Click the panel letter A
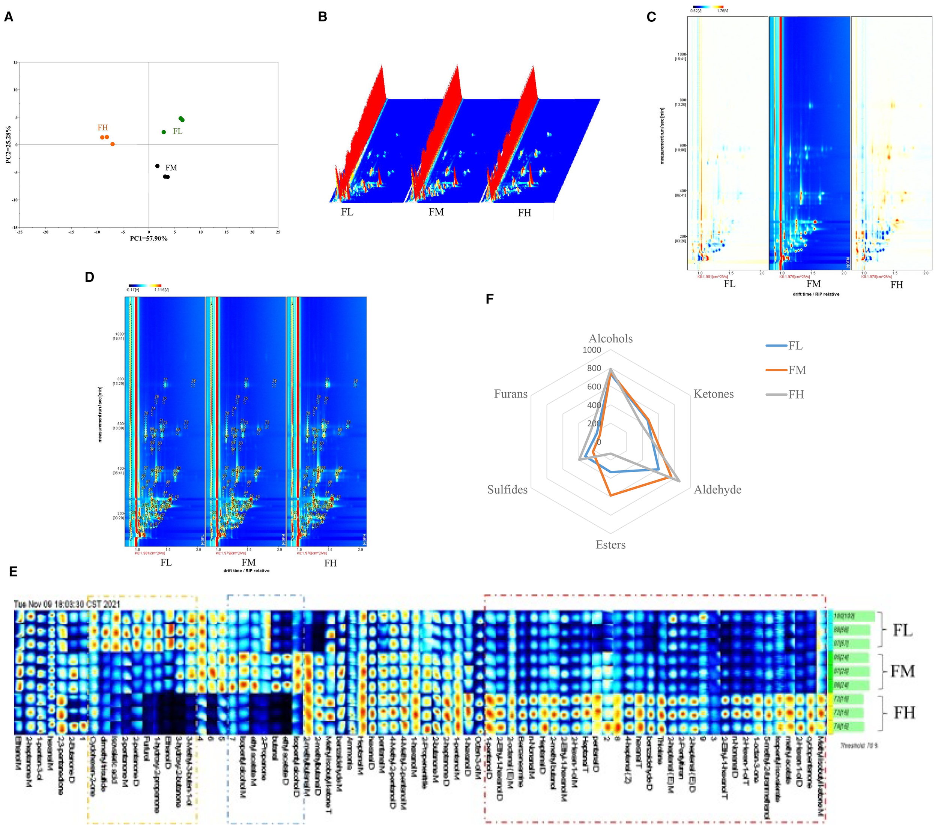tap(9, 17)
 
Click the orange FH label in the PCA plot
tap(102, 128)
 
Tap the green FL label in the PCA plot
tap(177, 131)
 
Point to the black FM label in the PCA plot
tap(171, 168)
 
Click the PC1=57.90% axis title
tap(149, 239)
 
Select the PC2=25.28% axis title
tap(8, 145)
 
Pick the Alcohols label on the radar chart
tap(610, 339)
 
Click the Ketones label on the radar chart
tap(713, 394)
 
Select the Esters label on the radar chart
tap(610, 545)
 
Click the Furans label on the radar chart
tap(510, 394)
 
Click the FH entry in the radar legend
tap(796, 395)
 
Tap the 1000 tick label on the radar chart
tap(592, 350)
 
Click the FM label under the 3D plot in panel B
tap(436, 212)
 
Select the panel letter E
tap(13, 572)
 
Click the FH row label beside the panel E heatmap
tap(903, 713)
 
